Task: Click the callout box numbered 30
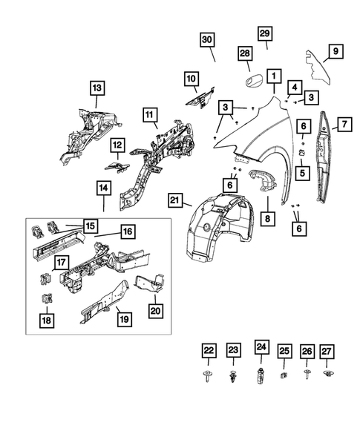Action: pos(207,39)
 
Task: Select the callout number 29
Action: pos(265,33)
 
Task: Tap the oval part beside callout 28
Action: pos(253,82)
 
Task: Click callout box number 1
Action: pos(274,76)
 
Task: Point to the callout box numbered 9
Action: pos(336,51)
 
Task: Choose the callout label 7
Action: pos(344,125)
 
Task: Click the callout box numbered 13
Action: pos(96,88)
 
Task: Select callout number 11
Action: pos(150,115)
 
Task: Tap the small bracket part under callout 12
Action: pos(117,167)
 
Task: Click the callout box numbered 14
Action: pos(103,188)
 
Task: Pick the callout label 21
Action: pos(175,200)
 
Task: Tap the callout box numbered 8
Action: pos(268,218)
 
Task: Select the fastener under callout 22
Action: pos(207,375)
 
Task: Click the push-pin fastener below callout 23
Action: pos(232,376)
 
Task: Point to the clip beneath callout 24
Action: pos(261,375)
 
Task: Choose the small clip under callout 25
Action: pos(284,375)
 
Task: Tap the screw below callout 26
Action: pos(307,374)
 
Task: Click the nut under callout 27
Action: pos(328,373)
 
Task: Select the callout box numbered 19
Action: pos(124,319)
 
